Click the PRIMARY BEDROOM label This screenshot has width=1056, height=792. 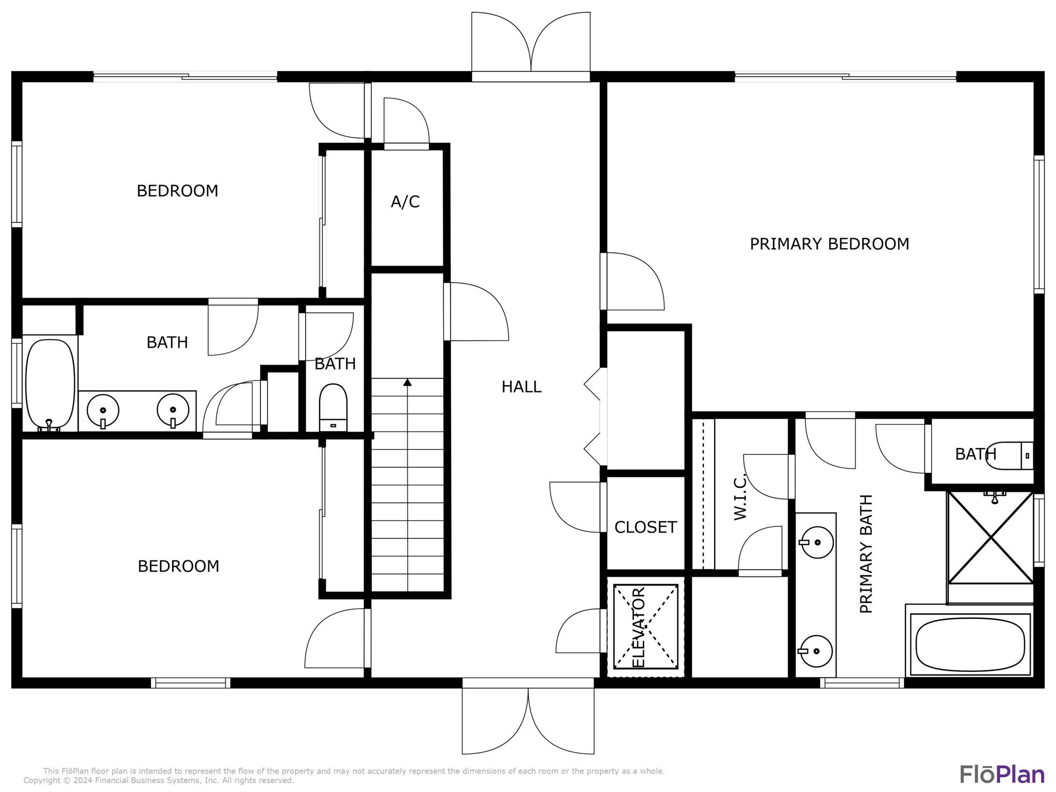tap(829, 244)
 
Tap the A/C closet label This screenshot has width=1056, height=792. tap(405, 202)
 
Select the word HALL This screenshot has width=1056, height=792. tap(521, 387)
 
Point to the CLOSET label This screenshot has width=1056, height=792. tap(645, 527)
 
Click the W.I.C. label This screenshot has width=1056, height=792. tap(740, 496)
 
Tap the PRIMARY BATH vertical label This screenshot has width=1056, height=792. tap(866, 554)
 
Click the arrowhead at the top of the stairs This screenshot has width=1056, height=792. tap(407, 382)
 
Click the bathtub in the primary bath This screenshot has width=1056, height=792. tap(970, 645)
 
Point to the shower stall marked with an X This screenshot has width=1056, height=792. tap(991, 538)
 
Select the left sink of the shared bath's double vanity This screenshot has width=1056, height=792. tap(103, 410)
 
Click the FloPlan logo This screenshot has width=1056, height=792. tap(1002, 774)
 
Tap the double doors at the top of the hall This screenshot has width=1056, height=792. tap(531, 46)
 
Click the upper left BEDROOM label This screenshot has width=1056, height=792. tap(177, 191)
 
